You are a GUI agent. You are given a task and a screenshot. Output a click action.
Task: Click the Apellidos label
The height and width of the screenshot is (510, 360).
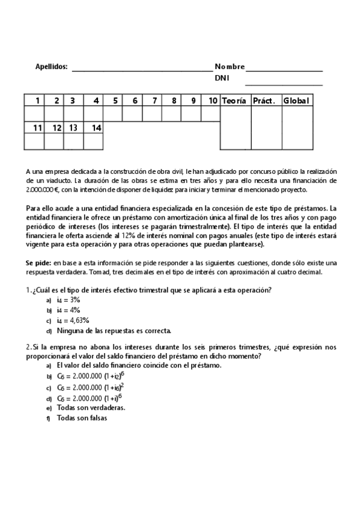(x=52, y=67)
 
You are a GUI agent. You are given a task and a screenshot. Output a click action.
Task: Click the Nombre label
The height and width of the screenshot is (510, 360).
(x=230, y=67)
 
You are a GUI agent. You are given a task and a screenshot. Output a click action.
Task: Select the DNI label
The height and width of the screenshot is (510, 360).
(x=222, y=78)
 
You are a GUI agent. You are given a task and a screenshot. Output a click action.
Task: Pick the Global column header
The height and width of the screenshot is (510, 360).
(x=297, y=100)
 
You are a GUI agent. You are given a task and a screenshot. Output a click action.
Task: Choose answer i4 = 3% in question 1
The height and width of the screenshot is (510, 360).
(x=69, y=299)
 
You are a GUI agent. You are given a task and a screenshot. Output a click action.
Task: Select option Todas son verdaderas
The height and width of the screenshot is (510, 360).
(x=91, y=407)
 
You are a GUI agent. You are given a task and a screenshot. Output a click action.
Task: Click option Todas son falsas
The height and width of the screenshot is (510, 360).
(x=82, y=418)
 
